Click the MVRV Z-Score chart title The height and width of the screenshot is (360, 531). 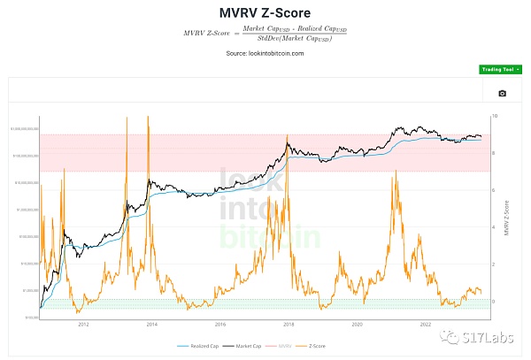[266, 13]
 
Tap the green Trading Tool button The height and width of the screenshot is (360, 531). [496, 69]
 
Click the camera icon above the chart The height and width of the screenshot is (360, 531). [503, 93]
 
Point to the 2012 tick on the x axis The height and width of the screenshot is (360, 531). [83, 325]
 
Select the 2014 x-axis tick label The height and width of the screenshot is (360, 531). [151, 325]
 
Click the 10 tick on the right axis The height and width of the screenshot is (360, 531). [495, 116]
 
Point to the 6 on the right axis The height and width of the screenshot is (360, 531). [494, 190]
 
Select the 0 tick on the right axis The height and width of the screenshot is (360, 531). [494, 302]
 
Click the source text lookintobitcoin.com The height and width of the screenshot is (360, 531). [265, 53]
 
